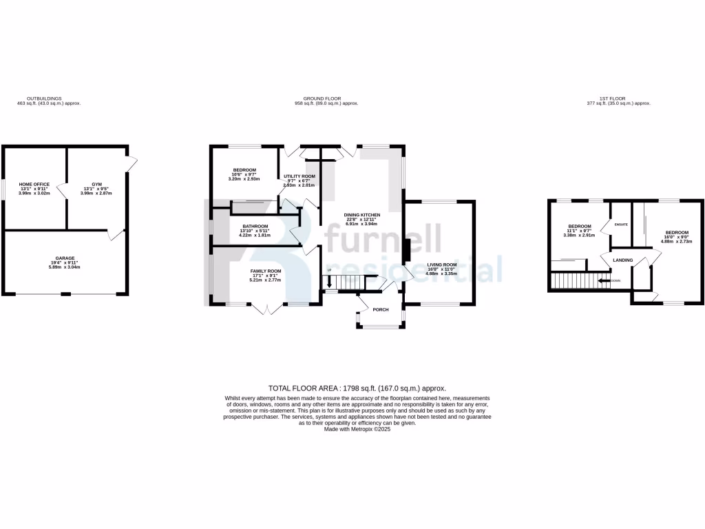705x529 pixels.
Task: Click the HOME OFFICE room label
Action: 34,185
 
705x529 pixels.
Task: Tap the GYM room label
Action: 96,185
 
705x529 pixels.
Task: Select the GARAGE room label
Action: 65,258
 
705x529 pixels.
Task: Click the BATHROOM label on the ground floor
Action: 254,226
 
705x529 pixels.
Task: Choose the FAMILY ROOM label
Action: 265,271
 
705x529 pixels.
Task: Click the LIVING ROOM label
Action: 441,264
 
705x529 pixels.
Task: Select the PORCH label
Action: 381,309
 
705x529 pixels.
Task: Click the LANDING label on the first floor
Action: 623,260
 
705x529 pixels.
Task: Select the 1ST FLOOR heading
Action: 618,98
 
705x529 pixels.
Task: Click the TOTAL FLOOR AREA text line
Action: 352,388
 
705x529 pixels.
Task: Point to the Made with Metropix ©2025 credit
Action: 352,428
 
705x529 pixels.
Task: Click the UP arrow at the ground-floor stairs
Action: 329,279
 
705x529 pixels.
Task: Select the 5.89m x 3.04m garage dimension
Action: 65,267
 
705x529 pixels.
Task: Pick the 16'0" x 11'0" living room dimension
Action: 441,269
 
